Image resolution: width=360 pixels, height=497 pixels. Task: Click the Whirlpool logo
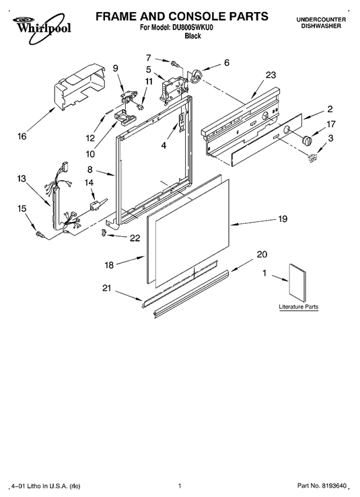(x=42, y=28)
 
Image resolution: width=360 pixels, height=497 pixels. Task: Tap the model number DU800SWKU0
(x=192, y=28)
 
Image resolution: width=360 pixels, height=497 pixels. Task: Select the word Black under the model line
(x=192, y=36)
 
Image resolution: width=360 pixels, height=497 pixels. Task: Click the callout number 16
(x=22, y=137)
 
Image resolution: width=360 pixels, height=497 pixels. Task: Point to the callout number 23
(x=271, y=75)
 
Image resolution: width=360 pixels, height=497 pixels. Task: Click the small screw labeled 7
(x=175, y=63)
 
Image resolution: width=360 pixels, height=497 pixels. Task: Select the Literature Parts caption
(x=299, y=307)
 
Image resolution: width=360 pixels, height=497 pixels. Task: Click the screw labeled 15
(x=40, y=234)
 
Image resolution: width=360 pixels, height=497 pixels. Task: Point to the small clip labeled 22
(x=104, y=233)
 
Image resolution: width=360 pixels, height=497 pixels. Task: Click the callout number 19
(x=283, y=219)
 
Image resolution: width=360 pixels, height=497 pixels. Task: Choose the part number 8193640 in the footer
(x=334, y=486)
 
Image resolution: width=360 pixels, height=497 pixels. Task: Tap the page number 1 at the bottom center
(x=180, y=486)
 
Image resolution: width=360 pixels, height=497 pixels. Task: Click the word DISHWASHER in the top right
(x=321, y=26)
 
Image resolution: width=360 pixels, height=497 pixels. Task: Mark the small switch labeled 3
(x=313, y=157)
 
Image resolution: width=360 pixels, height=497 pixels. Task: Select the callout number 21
(x=106, y=288)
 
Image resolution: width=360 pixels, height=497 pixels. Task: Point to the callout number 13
(x=22, y=179)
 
